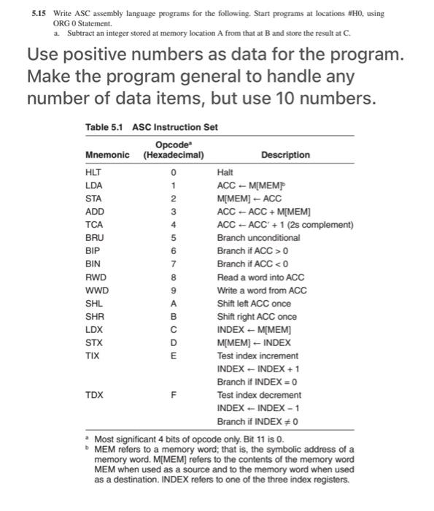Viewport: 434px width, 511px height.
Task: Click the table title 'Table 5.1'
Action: coord(104,127)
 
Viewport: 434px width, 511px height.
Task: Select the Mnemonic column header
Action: coord(107,155)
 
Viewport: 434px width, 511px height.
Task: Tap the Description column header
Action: coord(285,155)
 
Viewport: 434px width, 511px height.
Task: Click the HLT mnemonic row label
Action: coord(93,172)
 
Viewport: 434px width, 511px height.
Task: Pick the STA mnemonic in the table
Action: coord(93,199)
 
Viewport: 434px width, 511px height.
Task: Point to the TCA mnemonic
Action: coord(93,225)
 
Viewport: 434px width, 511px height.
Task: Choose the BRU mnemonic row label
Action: coord(94,238)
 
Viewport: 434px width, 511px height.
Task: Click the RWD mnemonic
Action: coord(95,277)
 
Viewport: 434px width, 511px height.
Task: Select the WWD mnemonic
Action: coord(96,291)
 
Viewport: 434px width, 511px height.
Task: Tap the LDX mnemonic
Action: coord(93,330)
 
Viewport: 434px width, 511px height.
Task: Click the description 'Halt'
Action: coord(225,172)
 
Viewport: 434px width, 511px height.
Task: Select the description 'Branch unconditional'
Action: coord(258,238)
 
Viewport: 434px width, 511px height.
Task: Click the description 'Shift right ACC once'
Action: coord(257,317)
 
